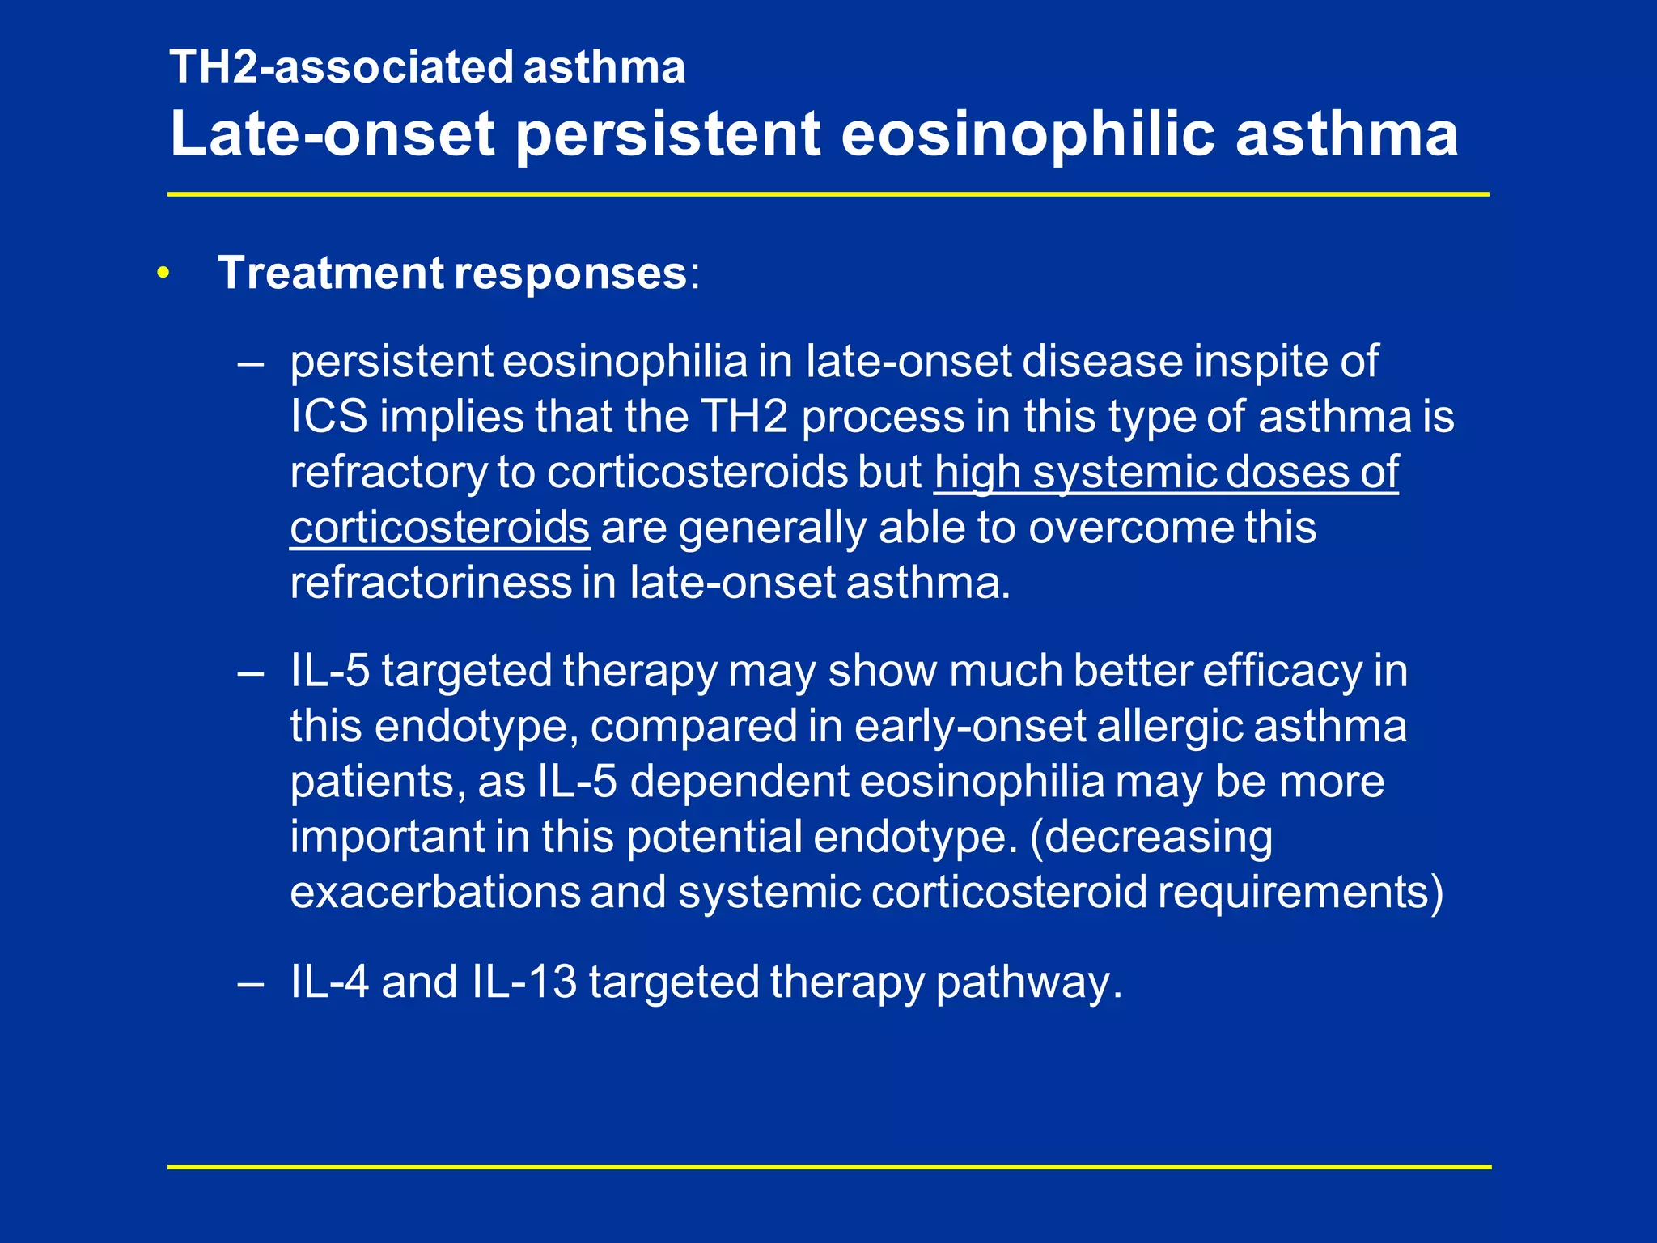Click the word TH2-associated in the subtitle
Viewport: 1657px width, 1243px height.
[341, 67]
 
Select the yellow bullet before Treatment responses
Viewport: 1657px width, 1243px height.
[164, 274]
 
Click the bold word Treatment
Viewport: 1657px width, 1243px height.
[332, 273]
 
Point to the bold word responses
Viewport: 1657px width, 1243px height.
[570, 273]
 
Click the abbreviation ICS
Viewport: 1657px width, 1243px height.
[328, 417]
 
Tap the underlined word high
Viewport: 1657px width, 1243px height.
[977, 473]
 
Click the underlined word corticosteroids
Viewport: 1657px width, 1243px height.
[439, 528]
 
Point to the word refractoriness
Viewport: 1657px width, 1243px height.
[430, 583]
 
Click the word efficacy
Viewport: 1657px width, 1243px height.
[1282, 671]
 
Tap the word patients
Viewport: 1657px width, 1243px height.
[377, 782]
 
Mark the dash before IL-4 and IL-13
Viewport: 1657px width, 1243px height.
[251, 983]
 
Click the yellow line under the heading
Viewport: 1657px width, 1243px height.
[828, 195]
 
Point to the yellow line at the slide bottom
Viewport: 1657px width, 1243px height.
[828, 1167]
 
